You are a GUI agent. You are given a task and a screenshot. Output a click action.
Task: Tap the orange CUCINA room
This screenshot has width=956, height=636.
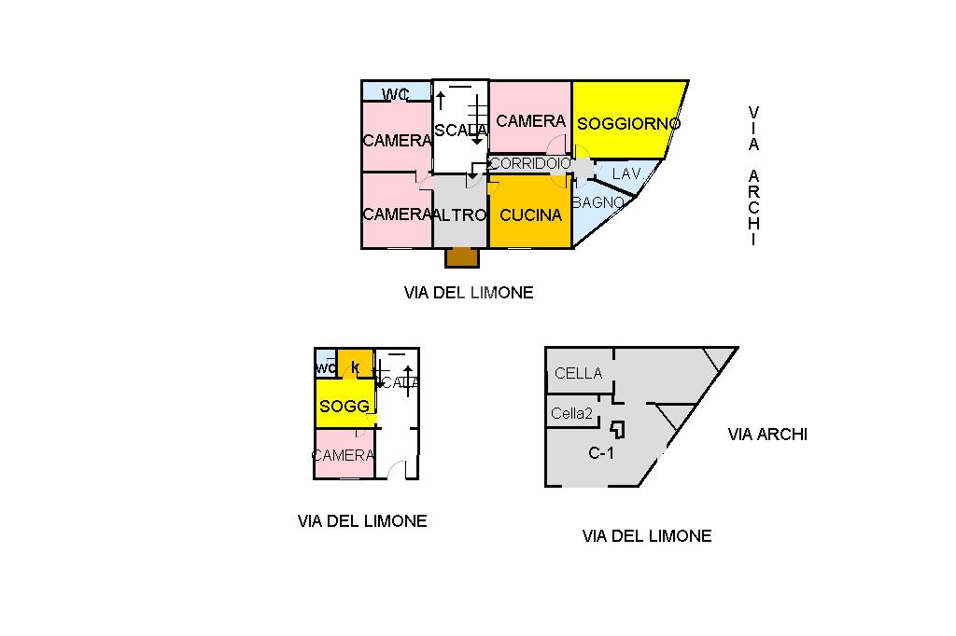point(530,214)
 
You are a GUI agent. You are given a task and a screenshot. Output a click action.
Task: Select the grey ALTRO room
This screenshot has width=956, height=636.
point(460,214)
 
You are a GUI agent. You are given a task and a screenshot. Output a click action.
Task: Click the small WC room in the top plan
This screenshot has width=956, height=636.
point(397,92)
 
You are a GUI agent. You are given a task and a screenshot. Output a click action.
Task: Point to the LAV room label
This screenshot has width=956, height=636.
point(626,173)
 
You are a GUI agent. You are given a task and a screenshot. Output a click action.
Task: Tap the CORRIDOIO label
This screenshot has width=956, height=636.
point(529,163)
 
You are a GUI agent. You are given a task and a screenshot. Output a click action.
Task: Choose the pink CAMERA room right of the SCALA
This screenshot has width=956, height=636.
point(530,119)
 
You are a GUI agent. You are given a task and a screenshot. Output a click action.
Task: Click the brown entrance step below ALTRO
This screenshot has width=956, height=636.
point(461,257)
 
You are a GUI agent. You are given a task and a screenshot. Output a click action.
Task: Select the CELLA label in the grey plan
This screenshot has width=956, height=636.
point(578,373)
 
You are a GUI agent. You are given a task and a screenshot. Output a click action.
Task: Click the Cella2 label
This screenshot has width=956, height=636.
point(571,413)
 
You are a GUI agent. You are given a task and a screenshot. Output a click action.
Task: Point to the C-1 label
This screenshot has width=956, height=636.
point(600,454)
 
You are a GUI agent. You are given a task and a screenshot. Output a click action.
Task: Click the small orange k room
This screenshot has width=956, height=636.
point(355,365)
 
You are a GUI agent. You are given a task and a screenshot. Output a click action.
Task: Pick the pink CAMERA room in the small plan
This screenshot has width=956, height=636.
point(344,455)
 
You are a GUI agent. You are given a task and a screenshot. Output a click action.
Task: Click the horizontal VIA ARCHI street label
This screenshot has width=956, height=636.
point(767,434)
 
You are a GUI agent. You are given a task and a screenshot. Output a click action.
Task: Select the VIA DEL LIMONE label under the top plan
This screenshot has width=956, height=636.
point(469,292)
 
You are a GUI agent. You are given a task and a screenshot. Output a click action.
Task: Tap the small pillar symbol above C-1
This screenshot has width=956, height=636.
point(617,429)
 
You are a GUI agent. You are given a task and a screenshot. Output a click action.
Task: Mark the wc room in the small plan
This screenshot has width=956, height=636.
point(326,367)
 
